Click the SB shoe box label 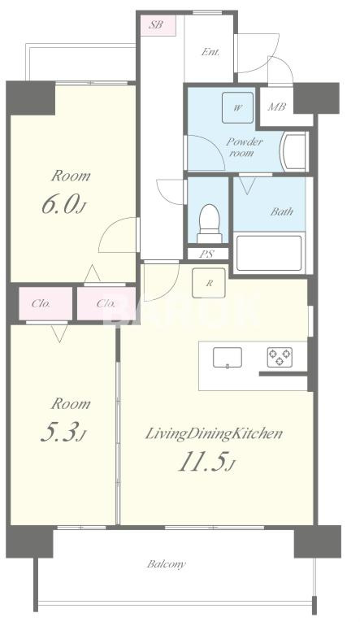pyautogui.click(x=156, y=24)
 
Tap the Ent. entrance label pyautogui.click(x=210, y=52)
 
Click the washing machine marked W pyautogui.click(x=237, y=108)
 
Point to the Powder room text pyautogui.click(x=245, y=147)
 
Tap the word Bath pyautogui.click(x=281, y=211)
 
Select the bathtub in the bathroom pyautogui.click(x=269, y=253)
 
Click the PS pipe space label pyautogui.click(x=206, y=254)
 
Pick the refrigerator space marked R pyautogui.click(x=209, y=283)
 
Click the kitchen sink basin pyautogui.click(x=228, y=358)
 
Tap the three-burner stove pyautogui.click(x=280, y=357)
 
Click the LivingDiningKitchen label pyautogui.click(x=214, y=433)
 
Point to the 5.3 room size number pyautogui.click(x=63, y=433)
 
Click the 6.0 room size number pyautogui.click(x=64, y=205)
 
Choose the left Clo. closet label pyautogui.click(x=41, y=304)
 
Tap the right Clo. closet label pyautogui.click(x=106, y=304)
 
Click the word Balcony pyautogui.click(x=167, y=563)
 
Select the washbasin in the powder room pyautogui.click(x=294, y=152)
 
